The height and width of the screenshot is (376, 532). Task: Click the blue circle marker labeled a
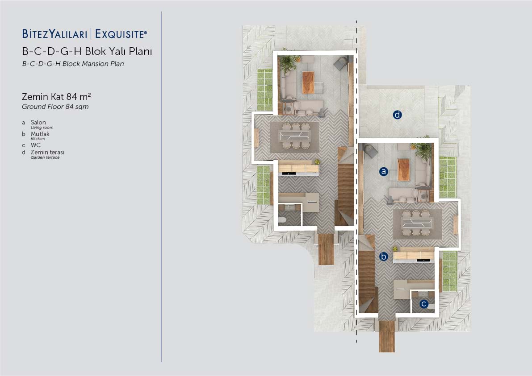383,171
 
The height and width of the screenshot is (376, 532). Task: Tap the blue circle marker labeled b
383,256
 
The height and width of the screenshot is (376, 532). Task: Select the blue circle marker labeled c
423,304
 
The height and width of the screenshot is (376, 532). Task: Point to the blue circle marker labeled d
397,115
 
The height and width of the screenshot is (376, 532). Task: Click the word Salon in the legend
38,122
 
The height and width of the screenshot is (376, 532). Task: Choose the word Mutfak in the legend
40,134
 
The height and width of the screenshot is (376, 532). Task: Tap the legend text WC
35,145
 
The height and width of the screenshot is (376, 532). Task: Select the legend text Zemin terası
47,152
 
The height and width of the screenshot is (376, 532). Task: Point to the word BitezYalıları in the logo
54,34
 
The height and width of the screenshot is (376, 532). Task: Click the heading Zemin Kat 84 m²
56,96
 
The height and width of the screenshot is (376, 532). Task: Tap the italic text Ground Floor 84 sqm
55,107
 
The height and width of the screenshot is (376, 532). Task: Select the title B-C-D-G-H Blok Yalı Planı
87,51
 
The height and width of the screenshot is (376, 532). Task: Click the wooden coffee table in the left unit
308,83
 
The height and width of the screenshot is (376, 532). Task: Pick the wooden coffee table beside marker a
403,169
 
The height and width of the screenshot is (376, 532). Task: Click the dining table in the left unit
294,136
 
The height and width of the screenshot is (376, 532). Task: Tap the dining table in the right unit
417,223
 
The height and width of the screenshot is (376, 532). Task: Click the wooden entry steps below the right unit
387,336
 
